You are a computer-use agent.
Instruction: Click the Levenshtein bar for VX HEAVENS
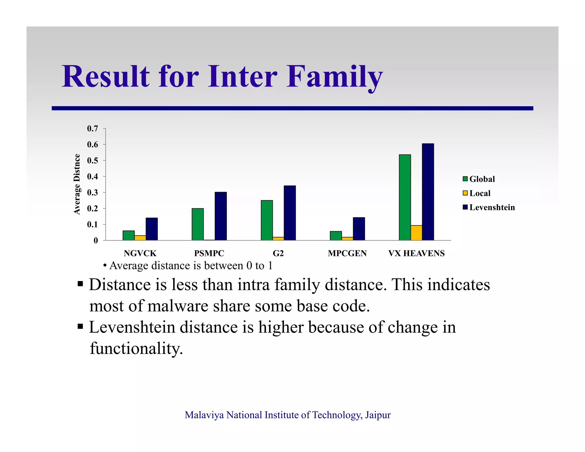tap(428, 192)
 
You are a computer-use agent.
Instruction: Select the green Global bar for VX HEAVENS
tap(405, 197)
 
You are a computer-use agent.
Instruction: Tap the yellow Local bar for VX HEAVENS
tap(416, 233)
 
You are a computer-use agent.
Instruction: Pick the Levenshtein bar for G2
tap(290, 213)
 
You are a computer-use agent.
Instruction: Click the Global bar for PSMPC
tap(198, 224)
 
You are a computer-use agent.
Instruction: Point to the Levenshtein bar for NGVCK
tap(151, 229)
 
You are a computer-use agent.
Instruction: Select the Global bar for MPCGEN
tap(336, 236)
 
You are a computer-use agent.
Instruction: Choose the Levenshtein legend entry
tap(489, 207)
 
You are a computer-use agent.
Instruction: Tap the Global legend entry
tap(479, 179)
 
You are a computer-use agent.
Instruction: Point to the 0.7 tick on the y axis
tap(93, 129)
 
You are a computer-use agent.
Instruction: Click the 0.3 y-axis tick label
tap(93, 193)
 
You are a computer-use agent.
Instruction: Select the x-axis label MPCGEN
tap(347, 253)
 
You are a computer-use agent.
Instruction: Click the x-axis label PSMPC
tap(209, 253)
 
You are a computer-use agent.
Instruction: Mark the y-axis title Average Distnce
tap(77, 184)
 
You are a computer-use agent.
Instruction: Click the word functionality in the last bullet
tap(136, 348)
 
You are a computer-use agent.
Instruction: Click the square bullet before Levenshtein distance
tap(80, 326)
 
